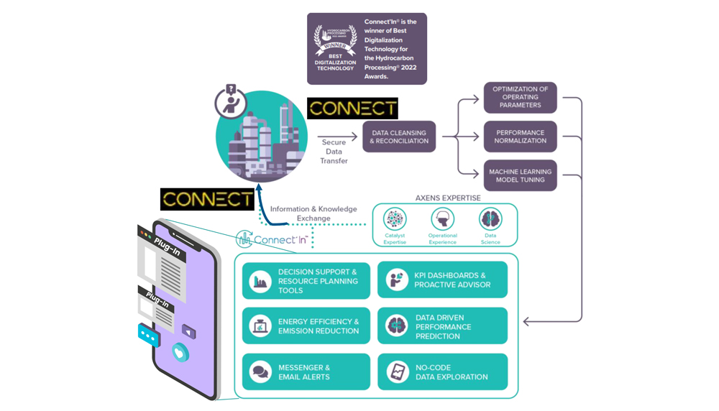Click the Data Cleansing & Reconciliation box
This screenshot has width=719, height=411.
pos(399,137)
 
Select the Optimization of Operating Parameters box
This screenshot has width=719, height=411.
pos(520,97)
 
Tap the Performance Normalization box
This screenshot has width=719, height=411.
pos(520,137)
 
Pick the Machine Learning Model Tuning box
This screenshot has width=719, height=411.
pos(520,176)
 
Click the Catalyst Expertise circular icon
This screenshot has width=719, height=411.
pos(395,218)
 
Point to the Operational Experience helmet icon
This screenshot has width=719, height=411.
pos(442,218)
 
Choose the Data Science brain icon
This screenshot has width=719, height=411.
pos(490,218)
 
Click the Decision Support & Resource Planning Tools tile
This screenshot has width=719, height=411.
pos(306,281)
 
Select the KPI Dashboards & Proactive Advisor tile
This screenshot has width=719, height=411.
pos(442,280)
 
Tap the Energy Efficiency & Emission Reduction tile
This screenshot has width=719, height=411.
pos(306,326)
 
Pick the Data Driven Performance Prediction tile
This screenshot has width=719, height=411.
pos(442,326)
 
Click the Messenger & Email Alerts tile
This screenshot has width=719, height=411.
pos(306,372)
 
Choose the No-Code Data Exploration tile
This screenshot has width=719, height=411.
pos(442,372)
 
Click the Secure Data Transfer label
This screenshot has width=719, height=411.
pos(334,152)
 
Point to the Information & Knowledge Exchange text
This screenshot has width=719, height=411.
pos(313,213)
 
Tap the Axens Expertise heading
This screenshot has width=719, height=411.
pos(448,198)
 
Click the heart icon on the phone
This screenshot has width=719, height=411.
pos(180,354)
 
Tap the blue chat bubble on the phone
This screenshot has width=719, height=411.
pos(149,336)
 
